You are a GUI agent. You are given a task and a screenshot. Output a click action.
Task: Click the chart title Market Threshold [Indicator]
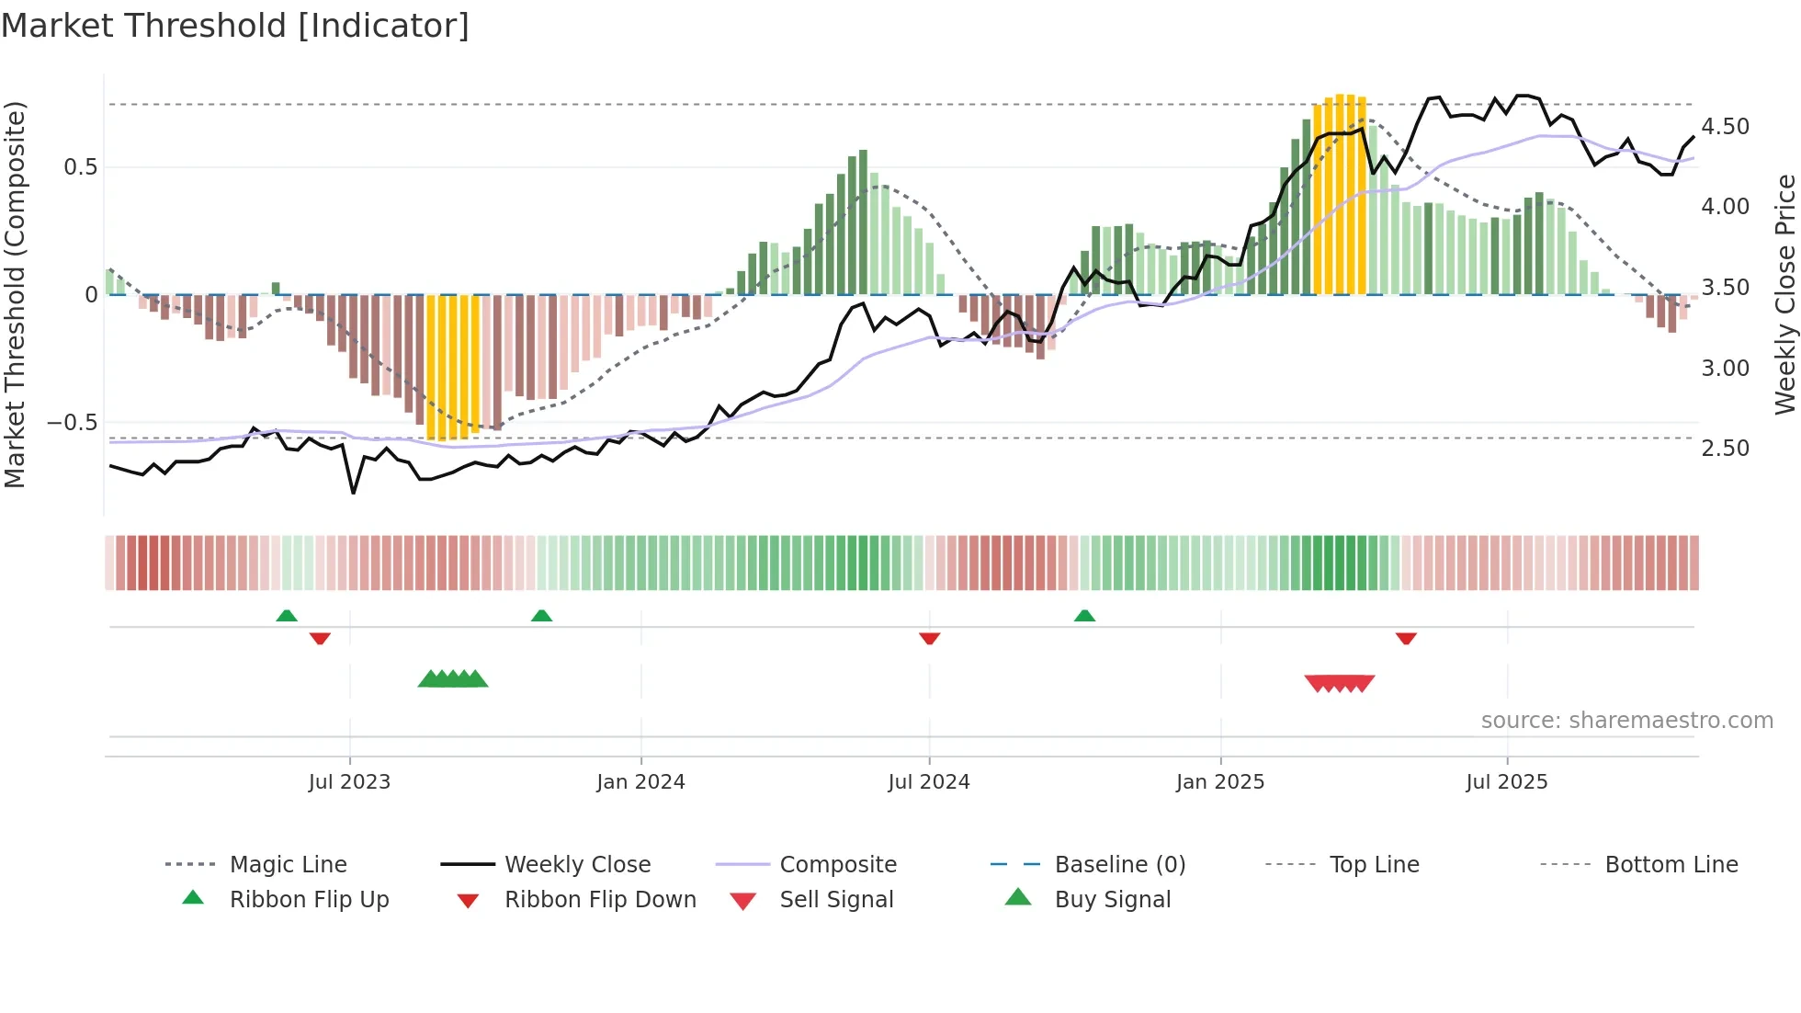pyautogui.click(x=235, y=26)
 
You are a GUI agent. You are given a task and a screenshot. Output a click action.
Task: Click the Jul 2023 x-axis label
pyautogui.click(x=349, y=782)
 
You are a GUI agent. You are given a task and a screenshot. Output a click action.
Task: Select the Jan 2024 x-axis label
pyautogui.click(x=640, y=782)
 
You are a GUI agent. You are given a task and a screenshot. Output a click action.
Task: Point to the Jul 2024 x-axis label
pyautogui.click(x=929, y=782)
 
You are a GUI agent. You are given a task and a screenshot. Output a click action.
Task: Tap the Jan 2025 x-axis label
pyautogui.click(x=1220, y=782)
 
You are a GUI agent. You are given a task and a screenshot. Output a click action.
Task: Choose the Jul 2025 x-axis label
pyautogui.click(x=1507, y=782)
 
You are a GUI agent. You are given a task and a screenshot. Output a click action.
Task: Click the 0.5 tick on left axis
pyautogui.click(x=80, y=167)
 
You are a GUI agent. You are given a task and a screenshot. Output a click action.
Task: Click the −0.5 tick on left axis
pyautogui.click(x=73, y=423)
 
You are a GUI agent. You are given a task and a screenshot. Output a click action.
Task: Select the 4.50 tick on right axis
pyautogui.click(x=1725, y=127)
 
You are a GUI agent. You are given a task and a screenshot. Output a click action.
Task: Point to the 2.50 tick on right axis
pyautogui.click(x=1725, y=449)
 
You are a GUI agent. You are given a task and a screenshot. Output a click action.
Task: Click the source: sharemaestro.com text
pyautogui.click(x=1626, y=721)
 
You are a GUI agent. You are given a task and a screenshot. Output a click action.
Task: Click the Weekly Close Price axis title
pyautogui.click(x=1784, y=294)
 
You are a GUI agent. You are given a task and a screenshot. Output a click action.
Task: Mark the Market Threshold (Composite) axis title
pyautogui.click(x=15, y=294)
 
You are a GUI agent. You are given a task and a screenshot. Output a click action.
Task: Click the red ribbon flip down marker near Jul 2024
pyautogui.click(x=929, y=638)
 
